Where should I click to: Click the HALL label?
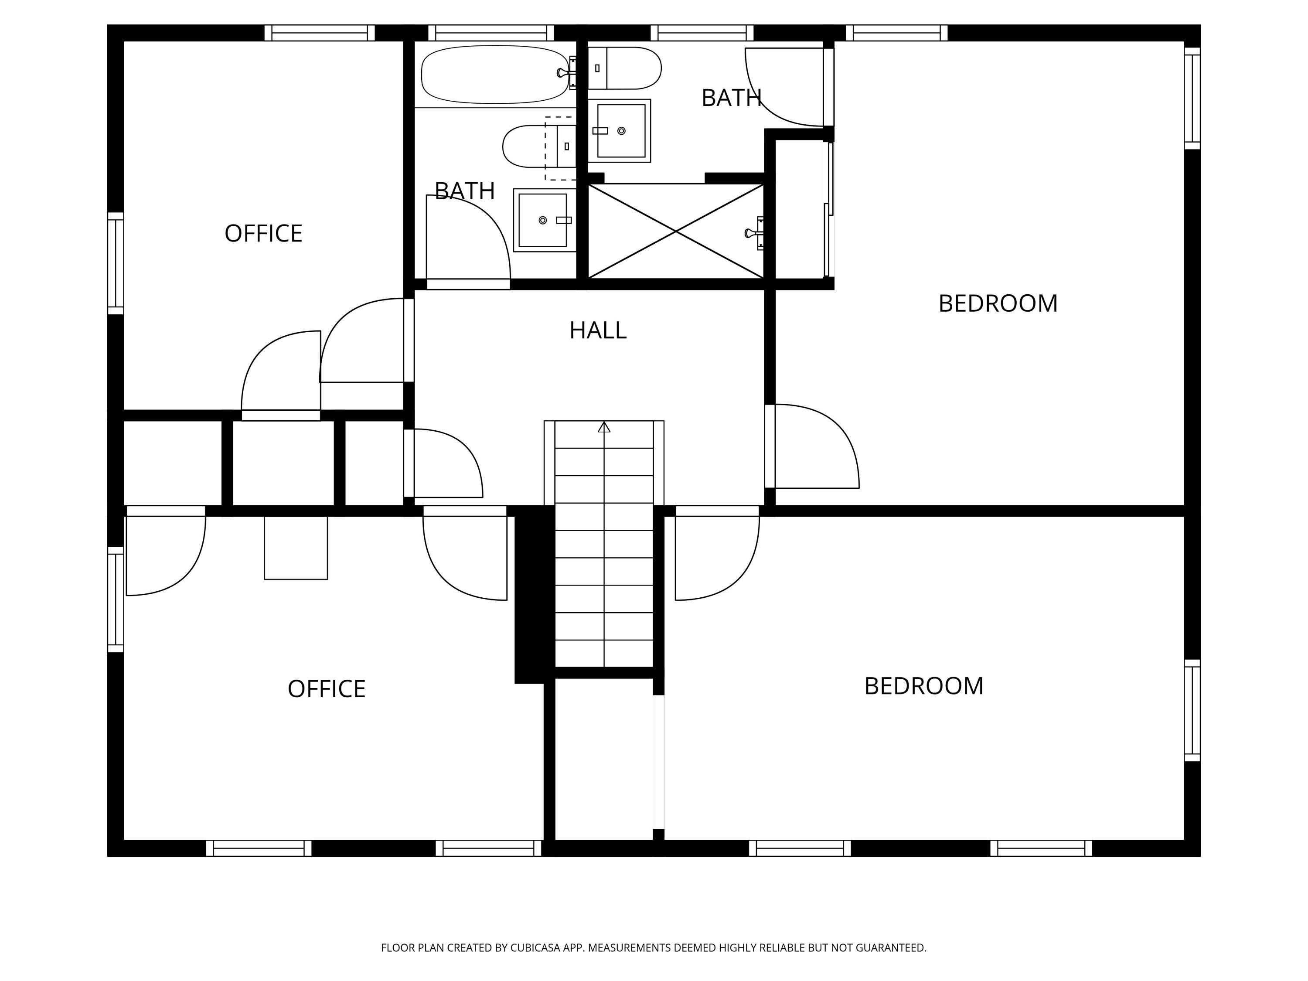point(598,330)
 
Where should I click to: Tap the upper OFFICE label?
point(263,234)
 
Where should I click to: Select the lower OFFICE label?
point(327,689)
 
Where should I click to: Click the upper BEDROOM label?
point(998,303)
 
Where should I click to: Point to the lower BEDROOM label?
point(923,686)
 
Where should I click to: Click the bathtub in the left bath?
point(494,75)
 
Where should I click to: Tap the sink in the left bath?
point(543,220)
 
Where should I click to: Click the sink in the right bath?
point(620,131)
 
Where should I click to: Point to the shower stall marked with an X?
point(675,231)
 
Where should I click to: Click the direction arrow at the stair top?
point(604,427)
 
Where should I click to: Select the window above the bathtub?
point(491,33)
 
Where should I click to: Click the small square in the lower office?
point(296,548)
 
